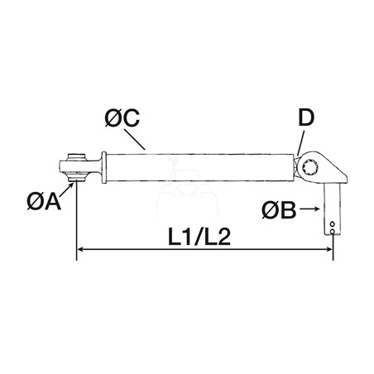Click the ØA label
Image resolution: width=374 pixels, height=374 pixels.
[44, 201]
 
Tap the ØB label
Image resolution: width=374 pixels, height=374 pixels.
[279, 210]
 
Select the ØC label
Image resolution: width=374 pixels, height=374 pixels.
[122, 118]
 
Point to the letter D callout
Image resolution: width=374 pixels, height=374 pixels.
[306, 117]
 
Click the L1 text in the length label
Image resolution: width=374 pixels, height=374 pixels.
[180, 237]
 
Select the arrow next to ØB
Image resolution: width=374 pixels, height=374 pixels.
[309, 209]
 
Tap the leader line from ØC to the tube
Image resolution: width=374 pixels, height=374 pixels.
[134, 139]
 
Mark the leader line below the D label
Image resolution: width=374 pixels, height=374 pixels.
[300, 143]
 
